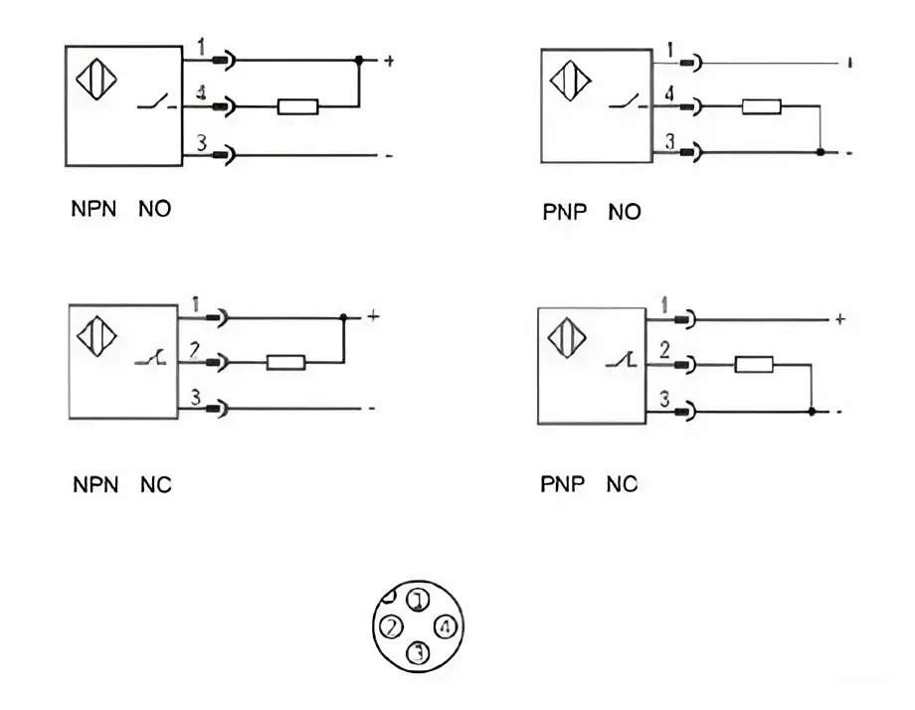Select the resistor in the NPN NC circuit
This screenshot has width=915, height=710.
point(285,363)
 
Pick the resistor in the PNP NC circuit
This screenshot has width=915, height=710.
point(754,365)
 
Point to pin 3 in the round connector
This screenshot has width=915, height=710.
point(419,653)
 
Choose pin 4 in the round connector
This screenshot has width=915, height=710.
point(446,627)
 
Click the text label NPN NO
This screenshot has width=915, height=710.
point(120,211)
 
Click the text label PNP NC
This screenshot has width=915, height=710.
point(589,485)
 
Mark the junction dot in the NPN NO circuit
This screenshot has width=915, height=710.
point(359,61)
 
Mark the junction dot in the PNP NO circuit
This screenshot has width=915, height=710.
point(819,152)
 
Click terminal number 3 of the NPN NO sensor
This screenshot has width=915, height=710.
point(200,144)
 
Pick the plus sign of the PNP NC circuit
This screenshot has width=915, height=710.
point(839,319)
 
